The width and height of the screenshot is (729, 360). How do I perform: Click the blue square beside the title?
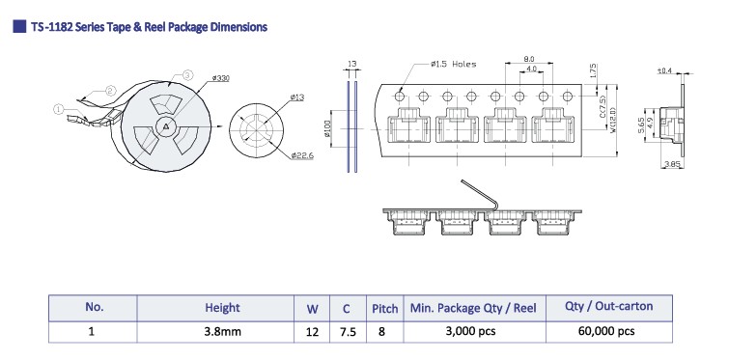click(19, 26)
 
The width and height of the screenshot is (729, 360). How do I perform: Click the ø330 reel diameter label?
click(220, 78)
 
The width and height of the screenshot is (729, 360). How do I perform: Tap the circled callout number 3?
click(187, 74)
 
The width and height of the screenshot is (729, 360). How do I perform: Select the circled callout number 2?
click(111, 90)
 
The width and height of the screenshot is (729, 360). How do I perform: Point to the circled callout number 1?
click(58, 110)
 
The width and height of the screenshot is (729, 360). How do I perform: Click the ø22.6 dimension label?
click(302, 155)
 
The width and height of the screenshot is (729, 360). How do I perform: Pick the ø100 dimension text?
click(326, 128)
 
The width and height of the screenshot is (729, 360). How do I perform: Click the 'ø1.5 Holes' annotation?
click(453, 64)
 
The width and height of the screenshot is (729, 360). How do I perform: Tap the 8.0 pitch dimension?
click(528, 59)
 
